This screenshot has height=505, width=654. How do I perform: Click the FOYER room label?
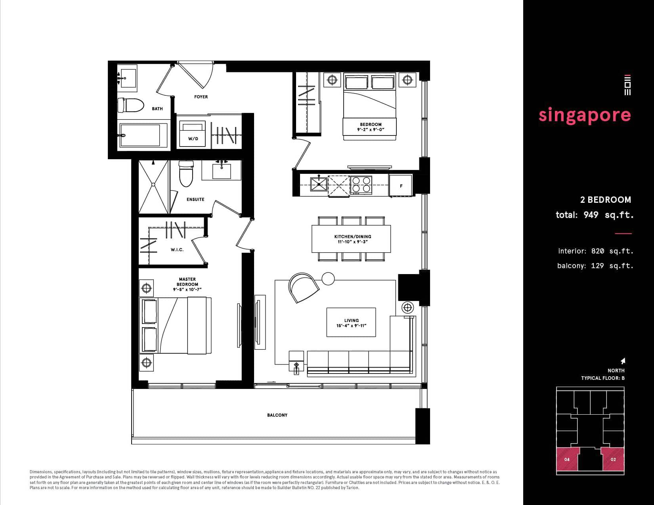click(x=201, y=97)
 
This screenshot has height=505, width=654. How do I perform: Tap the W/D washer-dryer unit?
click(x=193, y=134)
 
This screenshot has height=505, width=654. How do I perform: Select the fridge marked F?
click(x=401, y=186)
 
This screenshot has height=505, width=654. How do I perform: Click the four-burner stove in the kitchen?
click(x=361, y=185)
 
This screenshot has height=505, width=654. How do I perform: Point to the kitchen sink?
click(x=319, y=184)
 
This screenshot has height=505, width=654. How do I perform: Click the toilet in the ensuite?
click(x=186, y=173)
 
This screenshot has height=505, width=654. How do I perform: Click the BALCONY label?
click(x=277, y=415)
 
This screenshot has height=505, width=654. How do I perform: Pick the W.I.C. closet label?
click(x=177, y=250)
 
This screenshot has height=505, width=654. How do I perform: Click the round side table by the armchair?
click(x=328, y=278)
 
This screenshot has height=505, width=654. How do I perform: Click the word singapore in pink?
click(x=585, y=116)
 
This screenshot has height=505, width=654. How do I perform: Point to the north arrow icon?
click(x=623, y=361)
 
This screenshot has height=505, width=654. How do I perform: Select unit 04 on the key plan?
click(x=567, y=459)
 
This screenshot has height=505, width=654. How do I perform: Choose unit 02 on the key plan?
click(x=613, y=459)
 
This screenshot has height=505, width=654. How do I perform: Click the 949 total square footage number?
click(x=591, y=215)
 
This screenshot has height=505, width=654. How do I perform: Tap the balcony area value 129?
click(x=597, y=266)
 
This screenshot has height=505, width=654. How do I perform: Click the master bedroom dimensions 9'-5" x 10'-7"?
click(x=187, y=290)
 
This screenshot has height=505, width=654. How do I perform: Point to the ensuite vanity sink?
click(x=222, y=171)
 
